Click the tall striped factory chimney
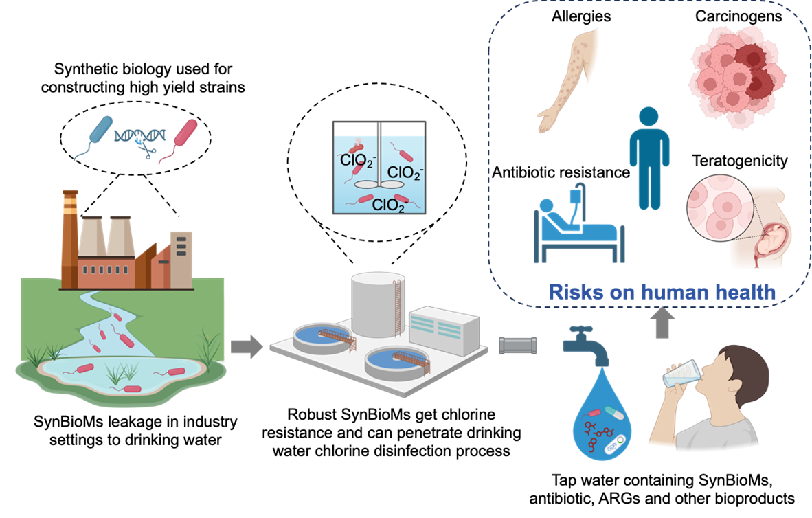click(69, 234)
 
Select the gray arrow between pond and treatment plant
click(246, 346)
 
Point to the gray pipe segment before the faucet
click(517, 346)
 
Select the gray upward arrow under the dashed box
click(662, 324)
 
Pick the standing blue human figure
click(649, 158)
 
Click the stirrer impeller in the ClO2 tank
click(379, 184)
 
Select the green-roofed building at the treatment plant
click(443, 330)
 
